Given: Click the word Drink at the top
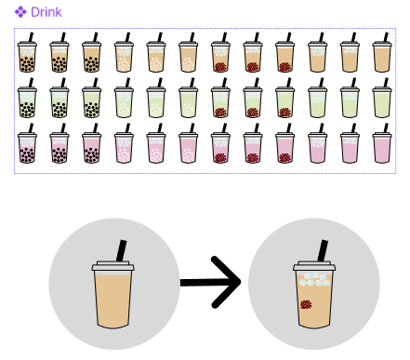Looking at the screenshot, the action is pos(46,12).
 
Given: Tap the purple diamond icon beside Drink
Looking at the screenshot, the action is pos(20,12).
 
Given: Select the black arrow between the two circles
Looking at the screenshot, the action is pos(211,282).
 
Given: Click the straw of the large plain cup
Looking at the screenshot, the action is pos(122,250).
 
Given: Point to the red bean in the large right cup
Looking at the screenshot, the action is pos(306,304).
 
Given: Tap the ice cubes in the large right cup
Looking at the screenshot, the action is pos(314,279).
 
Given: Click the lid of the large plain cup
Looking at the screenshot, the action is pos(112,266).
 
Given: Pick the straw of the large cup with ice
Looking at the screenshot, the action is pos(323,250).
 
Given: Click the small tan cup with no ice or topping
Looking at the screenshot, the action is pos(382,52).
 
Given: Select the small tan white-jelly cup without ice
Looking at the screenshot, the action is pos(188,52).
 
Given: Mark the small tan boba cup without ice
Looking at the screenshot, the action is pos(91,52).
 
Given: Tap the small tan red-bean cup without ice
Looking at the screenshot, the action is pos(284,52).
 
